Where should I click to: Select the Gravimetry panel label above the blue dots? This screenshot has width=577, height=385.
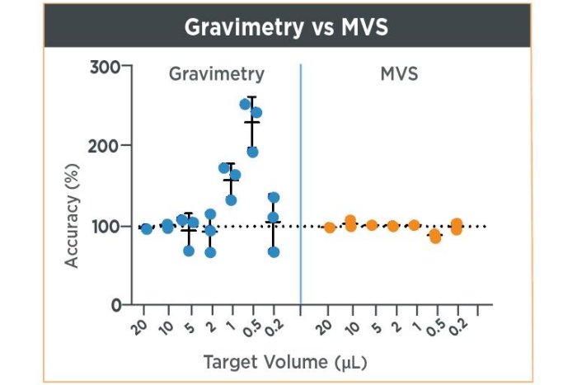click(x=217, y=74)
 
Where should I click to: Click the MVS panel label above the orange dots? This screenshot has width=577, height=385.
click(x=398, y=74)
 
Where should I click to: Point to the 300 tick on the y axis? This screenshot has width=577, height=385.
click(x=105, y=66)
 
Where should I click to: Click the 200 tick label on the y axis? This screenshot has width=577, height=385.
click(x=105, y=146)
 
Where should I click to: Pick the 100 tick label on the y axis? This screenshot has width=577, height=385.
click(x=105, y=226)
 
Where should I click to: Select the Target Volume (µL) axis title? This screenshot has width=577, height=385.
click(x=286, y=362)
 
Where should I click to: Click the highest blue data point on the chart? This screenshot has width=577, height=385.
click(x=245, y=105)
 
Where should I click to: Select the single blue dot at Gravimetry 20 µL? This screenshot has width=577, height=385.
click(x=147, y=228)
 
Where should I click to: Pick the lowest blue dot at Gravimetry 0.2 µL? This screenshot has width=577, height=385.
click(x=274, y=252)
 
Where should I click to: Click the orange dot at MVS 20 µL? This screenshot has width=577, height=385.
click(x=329, y=228)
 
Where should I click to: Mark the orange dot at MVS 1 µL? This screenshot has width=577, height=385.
click(x=414, y=225)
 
